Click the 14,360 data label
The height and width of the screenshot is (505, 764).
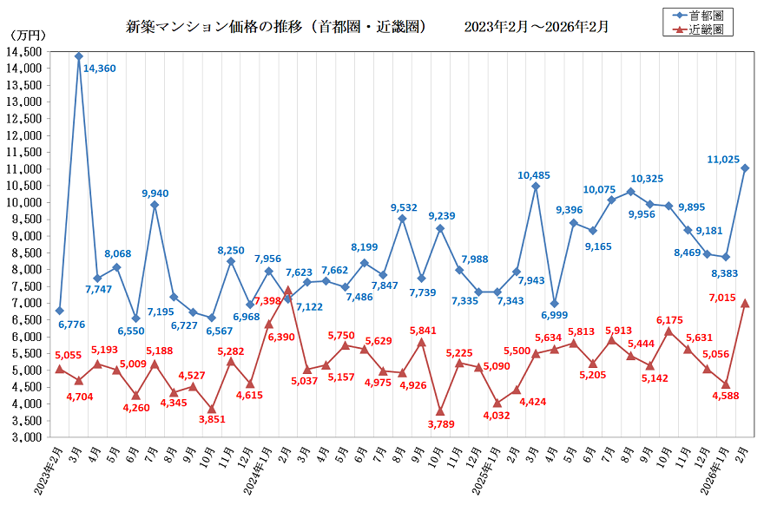100,67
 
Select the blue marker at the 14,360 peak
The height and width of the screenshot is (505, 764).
78,56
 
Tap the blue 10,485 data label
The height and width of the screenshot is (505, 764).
536,175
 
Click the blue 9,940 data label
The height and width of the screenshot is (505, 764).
155,193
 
